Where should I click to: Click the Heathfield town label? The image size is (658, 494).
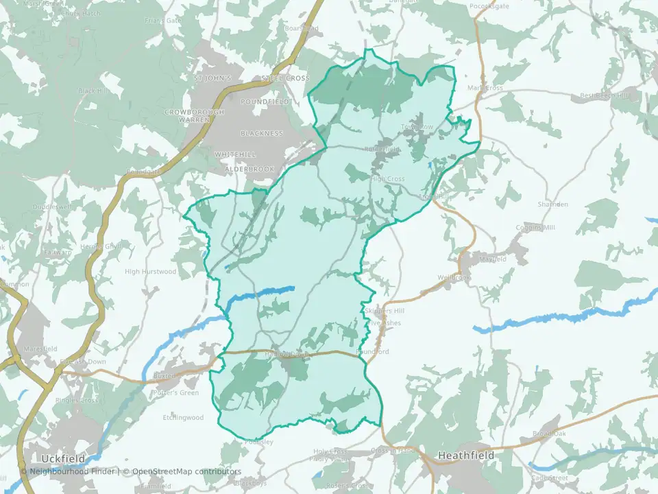pos(465,456)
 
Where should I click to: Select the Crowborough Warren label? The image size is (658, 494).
pos(185,115)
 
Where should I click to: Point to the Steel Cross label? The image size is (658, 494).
pos(285,78)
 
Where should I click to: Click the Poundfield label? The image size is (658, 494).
pos(265,101)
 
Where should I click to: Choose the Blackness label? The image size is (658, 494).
pos(261,133)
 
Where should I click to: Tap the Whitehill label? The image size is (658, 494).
pos(234,154)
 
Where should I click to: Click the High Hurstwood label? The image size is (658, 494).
pos(150,272)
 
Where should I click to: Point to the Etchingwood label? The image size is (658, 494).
pos(183,417)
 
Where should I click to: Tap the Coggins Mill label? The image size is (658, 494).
pos(538,228)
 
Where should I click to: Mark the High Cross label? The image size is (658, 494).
pos(388,179)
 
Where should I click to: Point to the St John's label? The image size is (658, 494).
pos(212,78)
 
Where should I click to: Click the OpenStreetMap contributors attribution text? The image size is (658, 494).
pos(186,471)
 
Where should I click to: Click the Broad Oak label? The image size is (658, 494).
pos(549,434)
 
